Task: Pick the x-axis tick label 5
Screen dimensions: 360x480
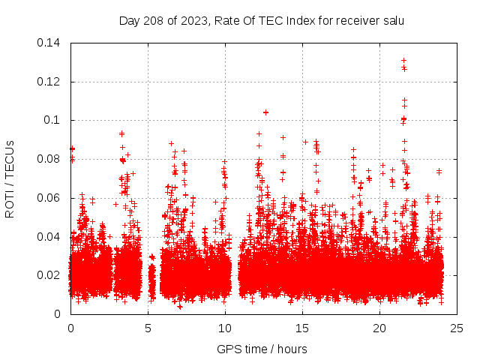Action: tap(148, 328)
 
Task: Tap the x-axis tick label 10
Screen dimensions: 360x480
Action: tap(225, 328)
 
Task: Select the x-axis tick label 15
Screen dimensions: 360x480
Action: tap(302, 328)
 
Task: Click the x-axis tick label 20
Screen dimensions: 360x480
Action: tap(380, 328)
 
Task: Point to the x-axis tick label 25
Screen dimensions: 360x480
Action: tap(457, 328)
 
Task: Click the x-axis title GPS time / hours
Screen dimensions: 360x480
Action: tap(262, 349)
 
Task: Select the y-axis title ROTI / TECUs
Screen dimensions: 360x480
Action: tap(10, 178)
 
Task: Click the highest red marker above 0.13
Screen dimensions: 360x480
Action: tap(403, 61)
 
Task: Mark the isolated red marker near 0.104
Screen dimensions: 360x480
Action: tap(265, 112)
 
